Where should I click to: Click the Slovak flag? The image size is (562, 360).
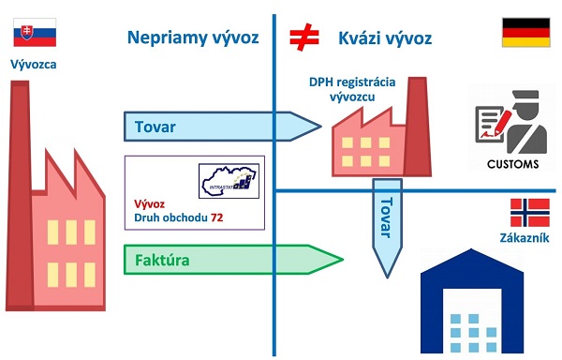click(x=31, y=36)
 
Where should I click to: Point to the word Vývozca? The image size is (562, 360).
click(x=33, y=65)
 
